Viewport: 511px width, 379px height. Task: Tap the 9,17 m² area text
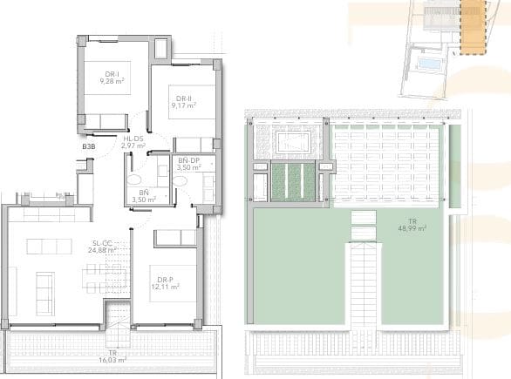click(183, 105)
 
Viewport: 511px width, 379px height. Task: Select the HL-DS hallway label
click(133, 139)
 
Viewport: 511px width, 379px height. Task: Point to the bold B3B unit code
click(88, 147)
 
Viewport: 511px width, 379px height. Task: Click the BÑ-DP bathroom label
click(190, 161)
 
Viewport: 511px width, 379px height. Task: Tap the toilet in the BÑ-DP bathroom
click(179, 179)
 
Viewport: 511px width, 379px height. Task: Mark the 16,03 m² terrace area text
click(113, 357)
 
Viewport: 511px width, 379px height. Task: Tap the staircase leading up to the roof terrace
click(365, 288)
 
